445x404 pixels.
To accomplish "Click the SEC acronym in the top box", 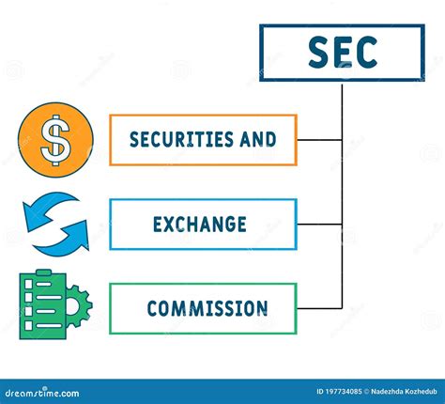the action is pos(343,53).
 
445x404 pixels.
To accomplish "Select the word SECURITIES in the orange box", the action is pos(181,139).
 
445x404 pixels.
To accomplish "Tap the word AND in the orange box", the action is pos(258,139).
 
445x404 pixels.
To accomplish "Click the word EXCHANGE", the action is pos(200,225).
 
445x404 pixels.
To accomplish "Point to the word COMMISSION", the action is pos(207,308).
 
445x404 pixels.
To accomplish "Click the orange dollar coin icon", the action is pos(55,140).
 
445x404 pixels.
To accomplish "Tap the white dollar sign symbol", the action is pos(55,140).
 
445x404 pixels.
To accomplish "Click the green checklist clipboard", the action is pos(43,304).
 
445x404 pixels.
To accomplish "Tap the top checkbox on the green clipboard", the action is pos(28,284).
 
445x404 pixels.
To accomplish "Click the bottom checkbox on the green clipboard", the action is pos(28,325).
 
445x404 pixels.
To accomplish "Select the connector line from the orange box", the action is pos(319,140).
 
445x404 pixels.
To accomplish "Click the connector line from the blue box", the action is pos(319,225).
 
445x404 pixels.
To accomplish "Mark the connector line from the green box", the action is pos(319,308).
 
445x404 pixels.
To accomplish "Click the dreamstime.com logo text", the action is pos(42,393).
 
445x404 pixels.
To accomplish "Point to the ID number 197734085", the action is pos(339,392).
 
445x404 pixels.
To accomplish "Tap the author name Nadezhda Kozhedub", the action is pos(404,392).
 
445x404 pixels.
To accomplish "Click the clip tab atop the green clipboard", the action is pos(43,272).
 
